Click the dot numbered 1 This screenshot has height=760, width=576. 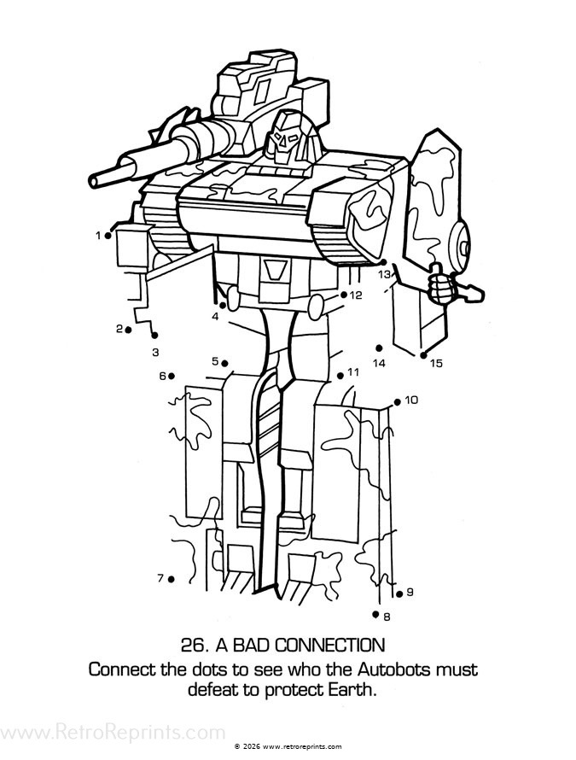tap(108, 235)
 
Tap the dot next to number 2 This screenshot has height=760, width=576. tap(128, 329)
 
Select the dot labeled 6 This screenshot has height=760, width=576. tap(172, 376)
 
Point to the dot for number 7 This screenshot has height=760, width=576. tap(172, 579)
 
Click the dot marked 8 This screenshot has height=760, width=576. tap(375, 614)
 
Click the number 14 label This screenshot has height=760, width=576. tap(379, 363)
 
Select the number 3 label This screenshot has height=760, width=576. tap(155, 352)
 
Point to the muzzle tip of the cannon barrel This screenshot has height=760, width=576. tap(94, 180)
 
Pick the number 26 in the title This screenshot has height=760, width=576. tap(195, 644)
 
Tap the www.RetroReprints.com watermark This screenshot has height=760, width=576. tap(113, 733)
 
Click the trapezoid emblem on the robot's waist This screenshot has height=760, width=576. tap(275, 270)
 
